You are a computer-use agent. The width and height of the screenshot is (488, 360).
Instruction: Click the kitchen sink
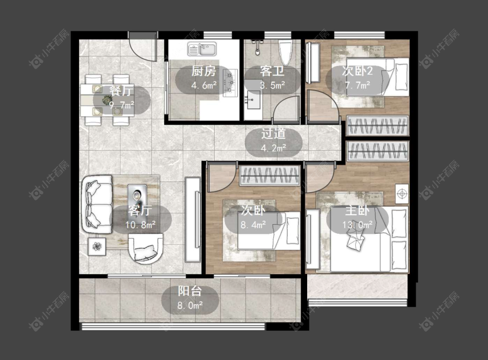pos(202,49)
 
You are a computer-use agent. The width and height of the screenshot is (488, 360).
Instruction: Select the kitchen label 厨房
pos(203,72)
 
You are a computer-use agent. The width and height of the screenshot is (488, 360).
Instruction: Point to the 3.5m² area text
pos(272,85)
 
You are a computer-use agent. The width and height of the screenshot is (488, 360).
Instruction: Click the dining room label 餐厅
pos(121,91)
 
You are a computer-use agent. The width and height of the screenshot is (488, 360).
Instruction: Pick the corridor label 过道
pos(274,134)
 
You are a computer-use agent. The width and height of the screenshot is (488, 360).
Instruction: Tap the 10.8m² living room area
pos(141,224)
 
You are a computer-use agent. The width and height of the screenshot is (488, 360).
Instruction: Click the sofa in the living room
pos(97,204)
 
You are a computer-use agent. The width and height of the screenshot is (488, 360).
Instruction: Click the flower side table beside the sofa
pos(97,246)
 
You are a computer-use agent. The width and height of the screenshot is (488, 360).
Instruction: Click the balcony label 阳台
pos(190,291)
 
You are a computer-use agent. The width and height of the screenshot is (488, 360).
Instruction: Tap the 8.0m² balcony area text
pos(190,305)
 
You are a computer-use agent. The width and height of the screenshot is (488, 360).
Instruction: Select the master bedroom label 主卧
pos(357,211)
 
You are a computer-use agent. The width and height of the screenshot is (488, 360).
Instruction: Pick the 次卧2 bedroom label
pos(357,71)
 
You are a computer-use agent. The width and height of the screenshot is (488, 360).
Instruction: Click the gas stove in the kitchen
pos(230,82)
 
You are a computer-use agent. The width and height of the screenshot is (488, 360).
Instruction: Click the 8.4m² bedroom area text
pos(253,224)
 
